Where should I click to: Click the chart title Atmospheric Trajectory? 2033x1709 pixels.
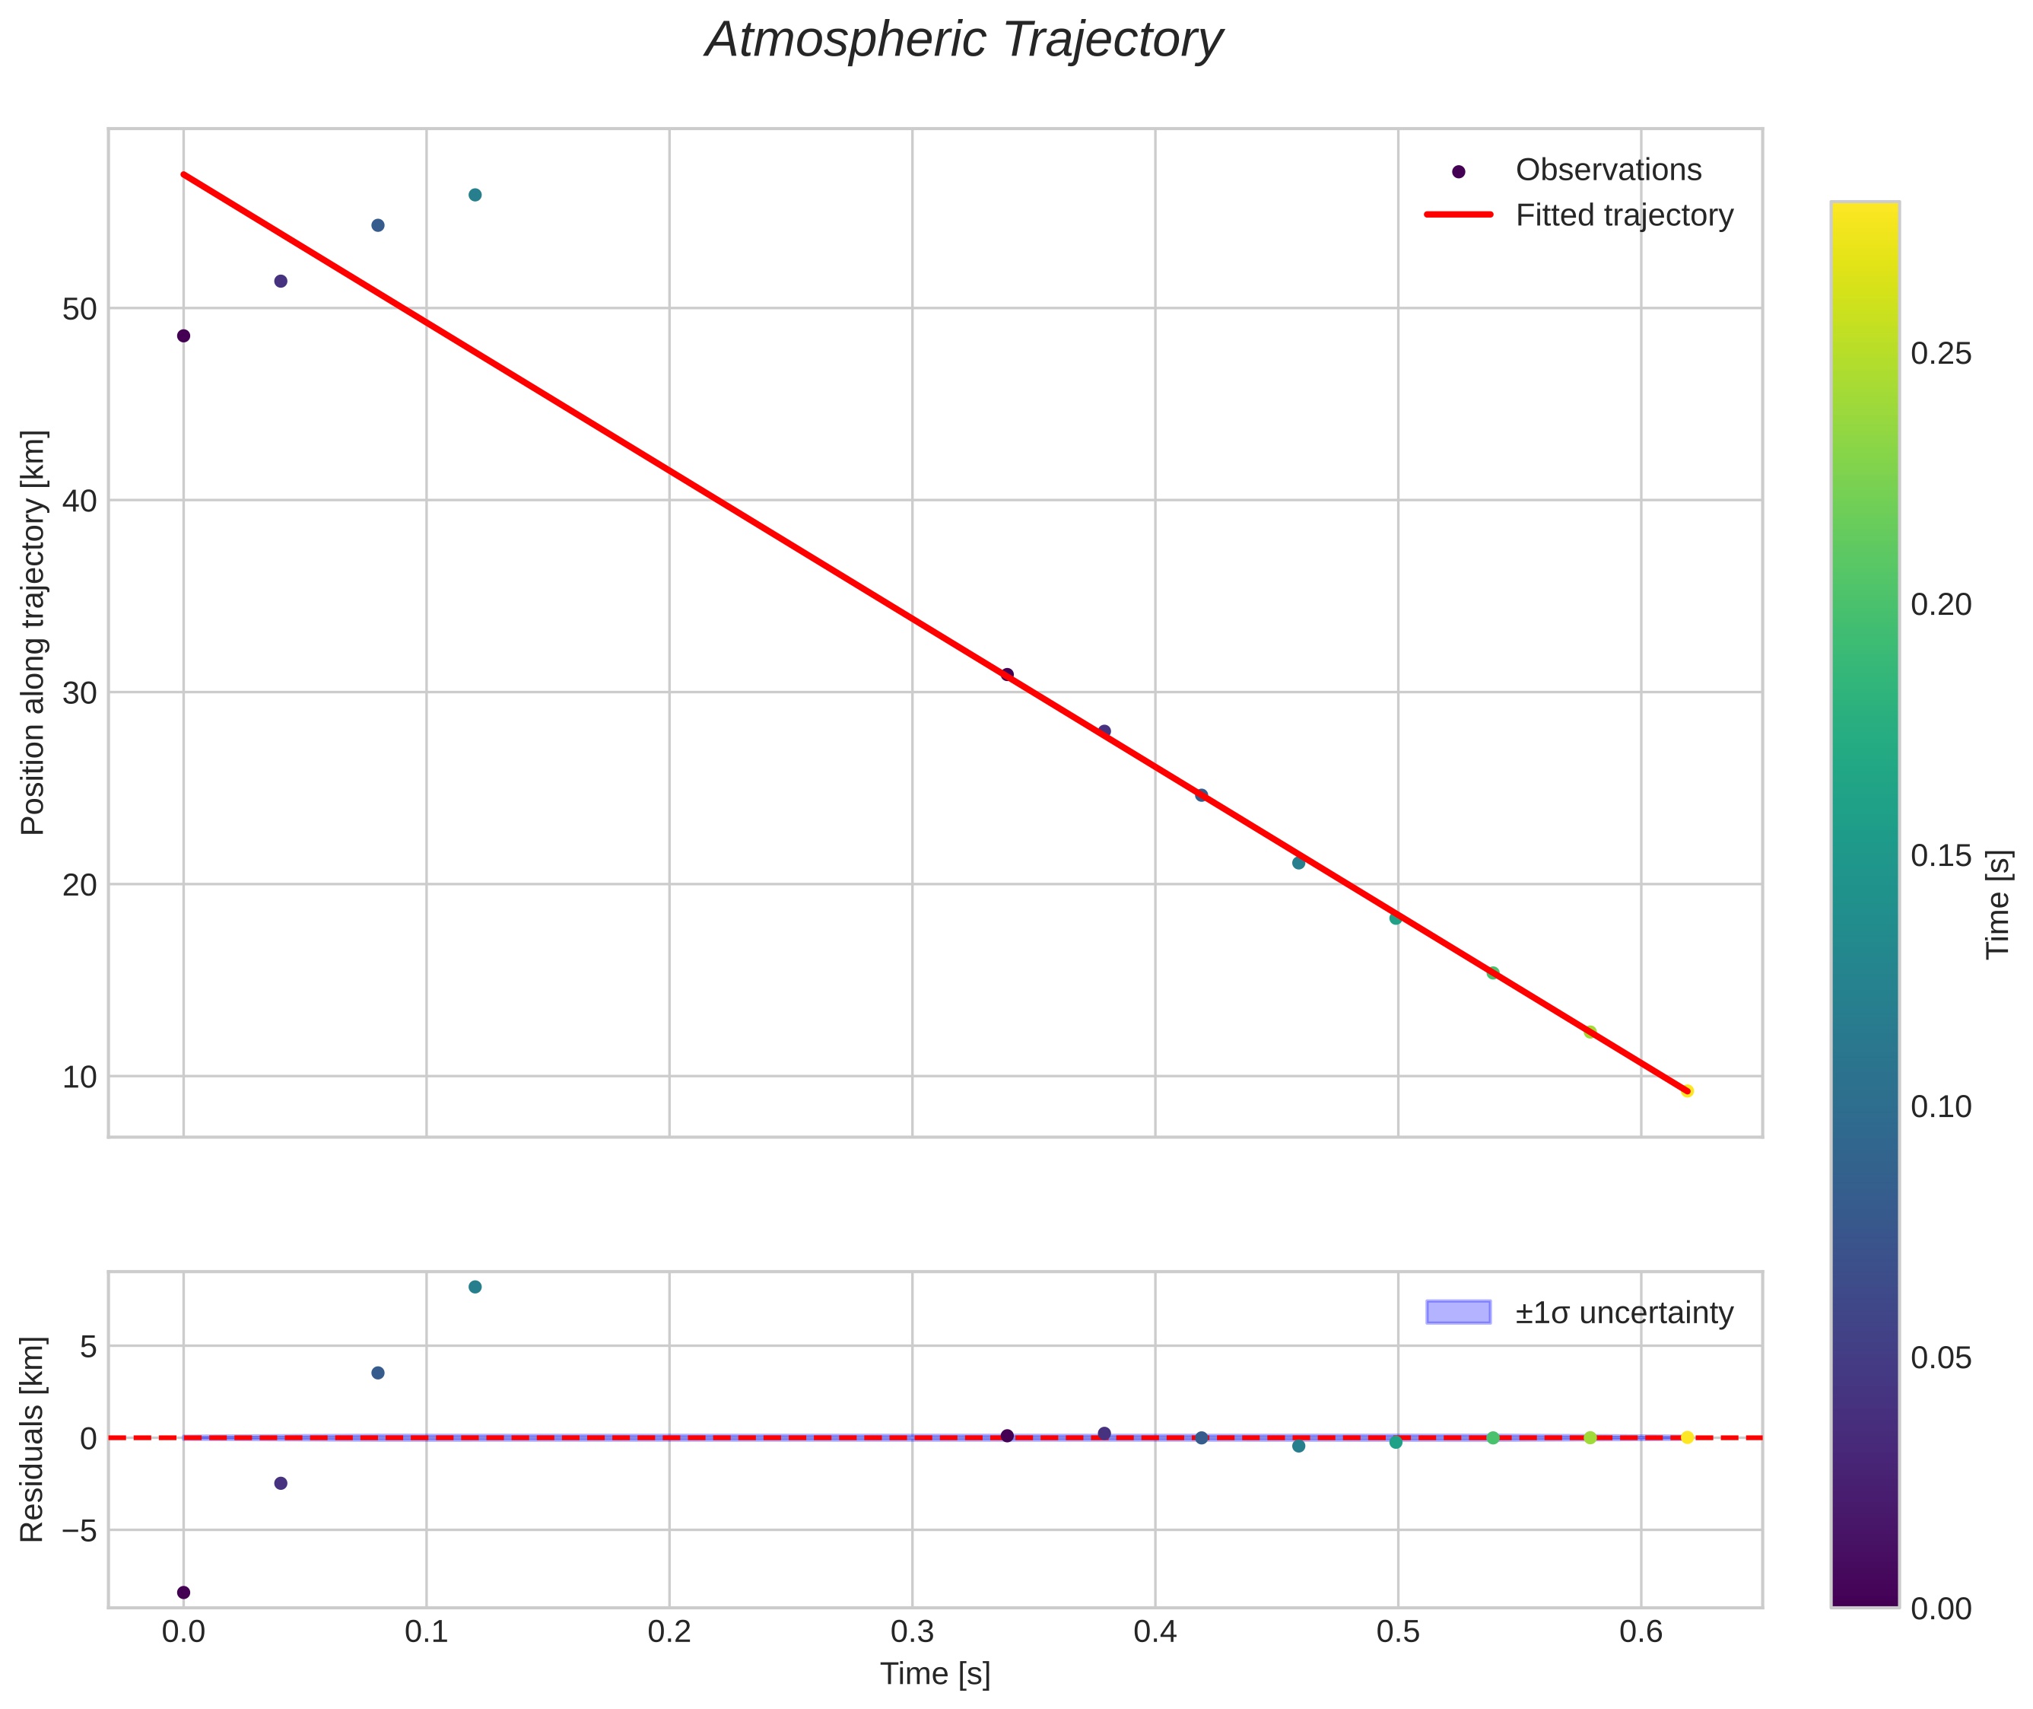coord(964,40)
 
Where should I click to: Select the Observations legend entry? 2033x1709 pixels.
coord(1607,170)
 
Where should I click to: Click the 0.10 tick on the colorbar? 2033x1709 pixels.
coord(1941,1106)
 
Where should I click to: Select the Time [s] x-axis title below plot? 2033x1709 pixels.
coord(935,1674)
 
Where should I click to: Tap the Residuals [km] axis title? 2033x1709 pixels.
coord(33,1440)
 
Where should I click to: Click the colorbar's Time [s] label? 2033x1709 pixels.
coord(1999,904)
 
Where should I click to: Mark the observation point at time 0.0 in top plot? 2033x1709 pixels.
coord(184,336)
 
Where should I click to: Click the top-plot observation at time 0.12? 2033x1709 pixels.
coord(475,195)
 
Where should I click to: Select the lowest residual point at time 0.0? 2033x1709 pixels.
coord(184,1593)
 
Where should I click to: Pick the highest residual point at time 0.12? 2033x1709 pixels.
coord(475,1287)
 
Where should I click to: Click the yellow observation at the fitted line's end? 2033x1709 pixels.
coord(1686,1091)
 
